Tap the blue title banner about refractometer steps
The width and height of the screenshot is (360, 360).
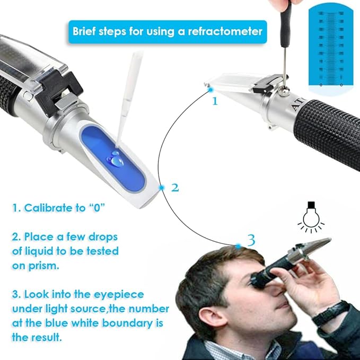(x=167, y=31)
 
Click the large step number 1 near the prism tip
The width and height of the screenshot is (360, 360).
(x=215, y=101)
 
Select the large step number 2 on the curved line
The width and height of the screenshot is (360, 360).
(x=176, y=188)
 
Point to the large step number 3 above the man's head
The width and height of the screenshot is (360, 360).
(x=251, y=240)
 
